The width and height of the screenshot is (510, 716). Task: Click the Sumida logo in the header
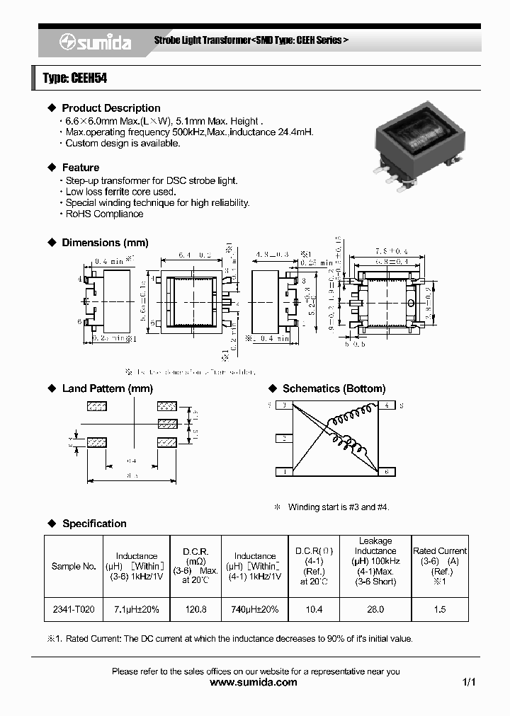tap(95, 43)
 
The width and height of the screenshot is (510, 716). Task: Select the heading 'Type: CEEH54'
tap(75, 79)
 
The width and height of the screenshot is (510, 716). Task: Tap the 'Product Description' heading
tap(110, 108)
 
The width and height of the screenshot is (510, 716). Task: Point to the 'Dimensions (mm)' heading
tap(105, 243)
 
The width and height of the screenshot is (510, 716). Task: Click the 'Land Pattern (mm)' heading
tap(107, 388)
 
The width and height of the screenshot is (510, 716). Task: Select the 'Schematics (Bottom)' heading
tap(334, 388)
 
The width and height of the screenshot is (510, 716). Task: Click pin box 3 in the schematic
tap(283, 405)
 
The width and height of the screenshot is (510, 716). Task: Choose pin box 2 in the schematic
tap(283, 439)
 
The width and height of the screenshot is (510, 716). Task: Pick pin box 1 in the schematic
tap(283, 471)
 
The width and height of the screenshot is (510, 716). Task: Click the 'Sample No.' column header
tap(74, 566)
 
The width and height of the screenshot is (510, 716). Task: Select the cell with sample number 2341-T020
tap(74, 609)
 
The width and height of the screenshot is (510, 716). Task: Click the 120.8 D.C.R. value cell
tap(195, 609)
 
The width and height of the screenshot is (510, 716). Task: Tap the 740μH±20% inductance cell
tap(255, 609)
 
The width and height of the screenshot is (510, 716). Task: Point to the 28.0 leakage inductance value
tap(375, 609)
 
